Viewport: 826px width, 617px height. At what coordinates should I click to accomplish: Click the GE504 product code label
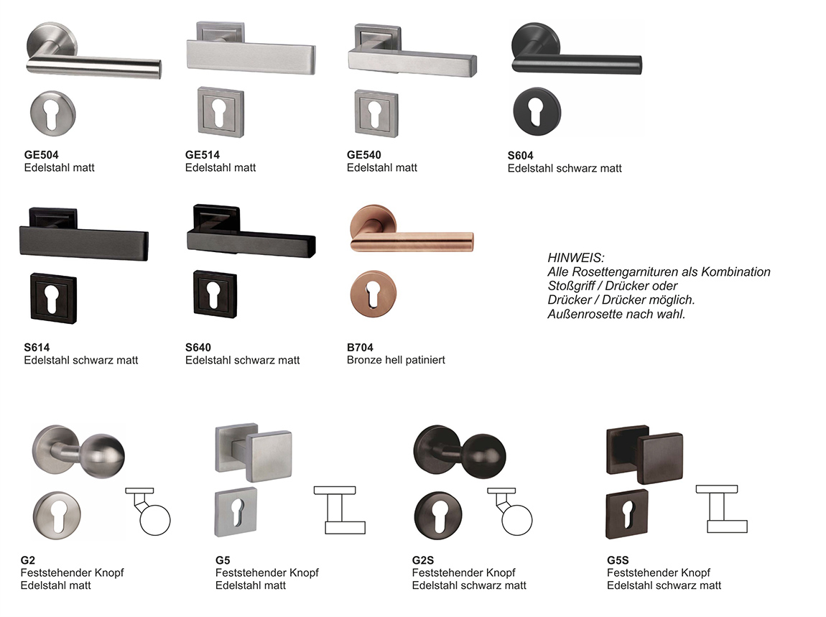tap(41, 155)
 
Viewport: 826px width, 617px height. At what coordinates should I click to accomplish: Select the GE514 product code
tap(203, 155)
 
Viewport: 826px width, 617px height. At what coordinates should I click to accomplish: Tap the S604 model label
tap(521, 155)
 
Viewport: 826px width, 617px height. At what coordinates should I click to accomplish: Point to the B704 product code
tap(360, 347)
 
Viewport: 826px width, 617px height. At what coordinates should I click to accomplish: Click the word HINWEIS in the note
tap(576, 258)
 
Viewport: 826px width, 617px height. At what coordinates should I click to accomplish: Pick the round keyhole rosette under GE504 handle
tap(52, 113)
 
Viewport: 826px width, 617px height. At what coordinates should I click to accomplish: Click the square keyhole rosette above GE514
tap(221, 112)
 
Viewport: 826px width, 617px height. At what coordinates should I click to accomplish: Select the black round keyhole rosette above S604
tap(537, 112)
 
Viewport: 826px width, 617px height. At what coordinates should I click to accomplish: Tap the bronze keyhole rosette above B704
tap(373, 294)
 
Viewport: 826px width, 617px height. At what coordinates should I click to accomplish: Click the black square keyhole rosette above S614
tap(53, 297)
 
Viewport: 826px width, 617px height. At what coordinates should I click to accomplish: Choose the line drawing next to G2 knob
tap(148, 511)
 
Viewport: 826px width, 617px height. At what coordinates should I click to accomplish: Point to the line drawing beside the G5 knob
tap(340, 509)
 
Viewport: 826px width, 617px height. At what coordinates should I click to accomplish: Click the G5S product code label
tap(618, 560)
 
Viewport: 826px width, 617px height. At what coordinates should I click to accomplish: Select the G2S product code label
tap(423, 560)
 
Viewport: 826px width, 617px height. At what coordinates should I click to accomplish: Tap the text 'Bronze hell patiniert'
tap(396, 360)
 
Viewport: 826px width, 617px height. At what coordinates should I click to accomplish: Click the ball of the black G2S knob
tap(483, 456)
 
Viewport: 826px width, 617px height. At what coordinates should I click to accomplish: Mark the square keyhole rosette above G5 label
tap(236, 513)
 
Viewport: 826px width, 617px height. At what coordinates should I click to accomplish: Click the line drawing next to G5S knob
tap(722, 509)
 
